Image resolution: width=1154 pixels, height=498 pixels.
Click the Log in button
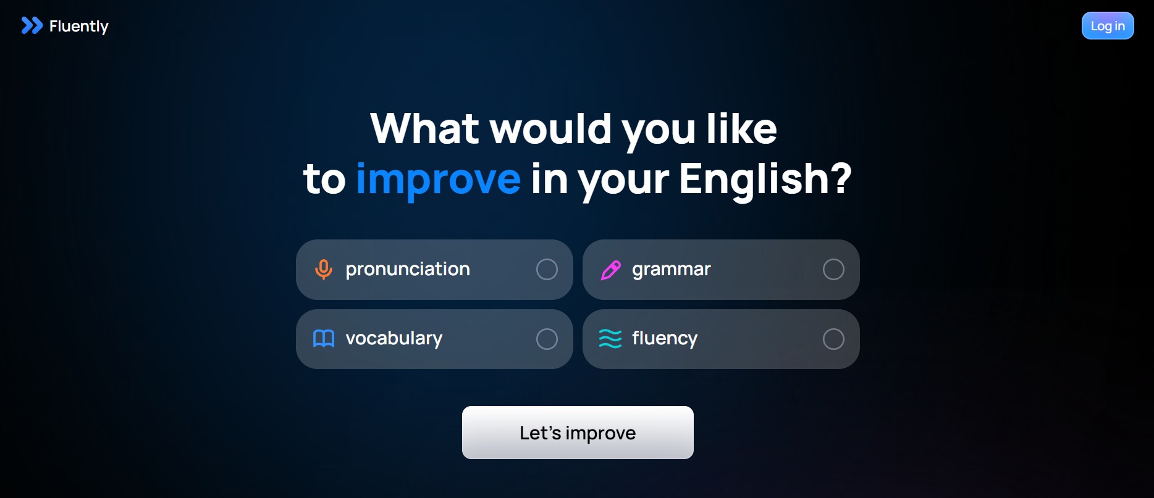pos(1108,26)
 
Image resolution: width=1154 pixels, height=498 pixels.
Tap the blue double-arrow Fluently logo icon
pos(32,25)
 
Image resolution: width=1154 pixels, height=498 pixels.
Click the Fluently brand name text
pos(79,27)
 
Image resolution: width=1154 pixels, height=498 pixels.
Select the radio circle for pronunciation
pos(547,269)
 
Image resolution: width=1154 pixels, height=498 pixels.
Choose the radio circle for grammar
pos(833,269)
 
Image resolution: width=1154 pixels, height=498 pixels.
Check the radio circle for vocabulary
pos(547,339)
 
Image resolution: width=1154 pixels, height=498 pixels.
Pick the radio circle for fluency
pos(833,339)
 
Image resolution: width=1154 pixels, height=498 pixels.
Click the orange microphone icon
pos(324,270)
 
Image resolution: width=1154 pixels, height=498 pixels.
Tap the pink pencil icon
pos(610,270)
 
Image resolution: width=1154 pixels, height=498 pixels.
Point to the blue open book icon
pos(324,338)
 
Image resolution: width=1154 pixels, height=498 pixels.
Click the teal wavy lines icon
pos(610,339)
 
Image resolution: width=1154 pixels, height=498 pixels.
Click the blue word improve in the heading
pos(439,180)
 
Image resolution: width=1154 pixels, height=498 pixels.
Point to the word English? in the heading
pos(765,179)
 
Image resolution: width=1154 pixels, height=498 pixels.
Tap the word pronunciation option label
pos(408,270)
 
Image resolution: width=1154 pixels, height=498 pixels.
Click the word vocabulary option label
pos(394,339)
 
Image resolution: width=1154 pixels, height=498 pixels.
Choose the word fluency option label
pos(665,339)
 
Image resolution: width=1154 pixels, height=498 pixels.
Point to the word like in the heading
pos(741,128)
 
